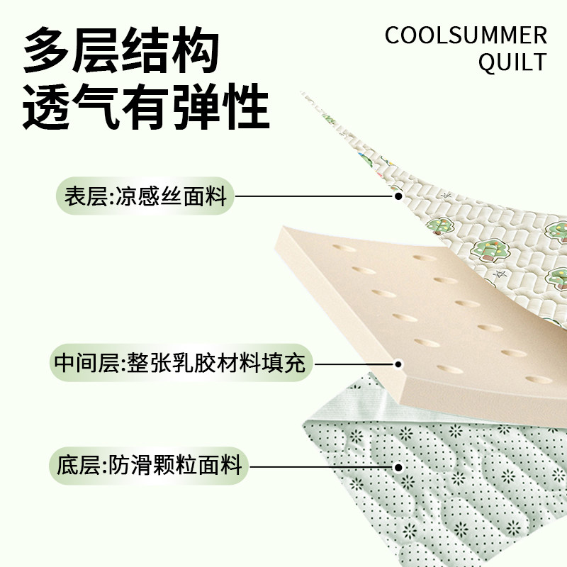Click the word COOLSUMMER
point(466,35)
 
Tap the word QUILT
point(512,62)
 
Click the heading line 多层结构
point(120,51)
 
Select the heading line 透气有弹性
point(146,108)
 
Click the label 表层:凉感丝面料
point(145,196)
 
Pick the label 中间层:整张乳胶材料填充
point(180,364)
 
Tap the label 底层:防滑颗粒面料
point(149,466)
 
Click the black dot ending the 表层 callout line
point(398,196)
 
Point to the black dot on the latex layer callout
point(398,364)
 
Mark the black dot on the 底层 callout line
point(398,466)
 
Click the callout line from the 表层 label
point(315,196)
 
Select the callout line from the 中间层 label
point(354,364)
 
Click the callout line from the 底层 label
point(322,466)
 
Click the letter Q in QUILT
point(488,62)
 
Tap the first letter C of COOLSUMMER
point(393,35)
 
